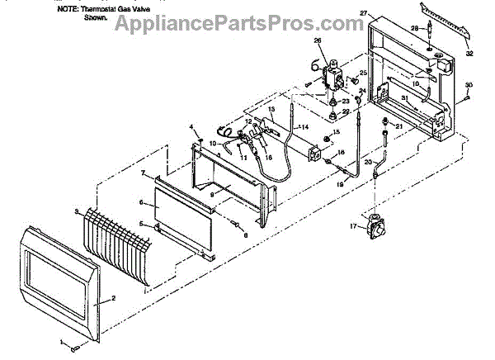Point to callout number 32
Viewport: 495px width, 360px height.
click(x=470, y=54)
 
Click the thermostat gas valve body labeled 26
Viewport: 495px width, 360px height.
click(x=333, y=75)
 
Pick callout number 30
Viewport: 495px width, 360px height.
click(x=469, y=86)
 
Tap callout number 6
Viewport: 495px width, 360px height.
click(x=141, y=202)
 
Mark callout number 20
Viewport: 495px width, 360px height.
click(x=369, y=162)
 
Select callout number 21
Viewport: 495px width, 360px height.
click(x=398, y=126)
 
